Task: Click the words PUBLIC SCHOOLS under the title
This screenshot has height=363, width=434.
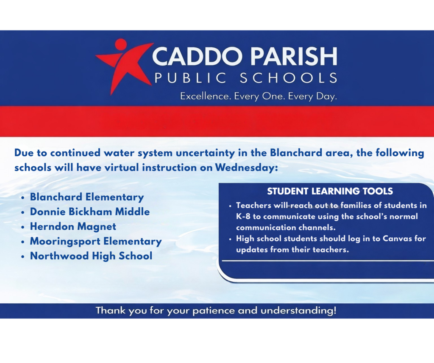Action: pos(246,78)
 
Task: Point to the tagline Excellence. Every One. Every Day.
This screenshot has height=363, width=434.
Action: pos(259,96)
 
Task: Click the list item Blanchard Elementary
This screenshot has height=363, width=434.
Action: pos(87,197)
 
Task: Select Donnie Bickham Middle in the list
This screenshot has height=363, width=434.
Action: pos(90,212)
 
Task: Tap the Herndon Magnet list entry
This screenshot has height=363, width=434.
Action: pos(73,226)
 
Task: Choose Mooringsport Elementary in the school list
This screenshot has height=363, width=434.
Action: pos(96,242)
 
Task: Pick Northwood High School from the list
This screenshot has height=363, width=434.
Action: pos(91,256)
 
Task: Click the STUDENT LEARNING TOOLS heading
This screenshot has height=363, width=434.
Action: pos(330,191)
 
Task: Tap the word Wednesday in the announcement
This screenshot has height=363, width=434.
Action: pos(246,168)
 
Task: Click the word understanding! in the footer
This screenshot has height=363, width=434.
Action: pos(298,311)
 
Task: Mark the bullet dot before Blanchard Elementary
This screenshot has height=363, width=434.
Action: pos(22,198)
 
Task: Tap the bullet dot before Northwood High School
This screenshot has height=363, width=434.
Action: pos(22,257)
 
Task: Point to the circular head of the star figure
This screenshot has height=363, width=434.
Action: pos(121,44)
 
